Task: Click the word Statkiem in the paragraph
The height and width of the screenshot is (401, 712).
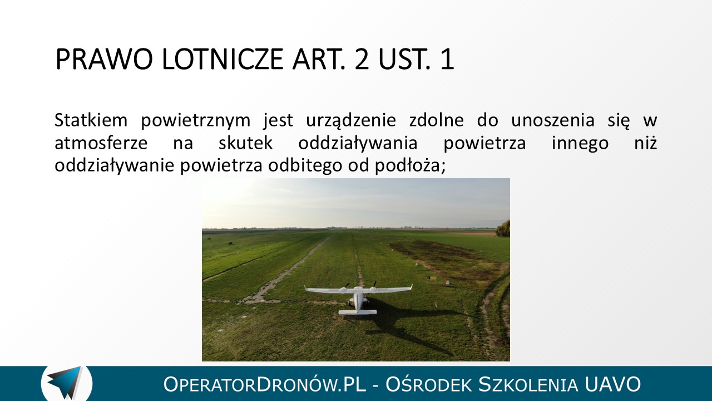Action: (91, 120)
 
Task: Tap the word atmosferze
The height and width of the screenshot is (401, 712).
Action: (101, 143)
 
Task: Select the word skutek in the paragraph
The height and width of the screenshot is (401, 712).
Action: (245, 143)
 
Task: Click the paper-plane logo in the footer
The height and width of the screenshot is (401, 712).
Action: (66, 383)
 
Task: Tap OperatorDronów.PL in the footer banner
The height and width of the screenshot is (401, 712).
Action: (265, 384)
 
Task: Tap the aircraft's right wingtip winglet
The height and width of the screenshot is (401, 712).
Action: (411, 287)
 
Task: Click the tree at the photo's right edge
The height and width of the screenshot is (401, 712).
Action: (503, 229)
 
